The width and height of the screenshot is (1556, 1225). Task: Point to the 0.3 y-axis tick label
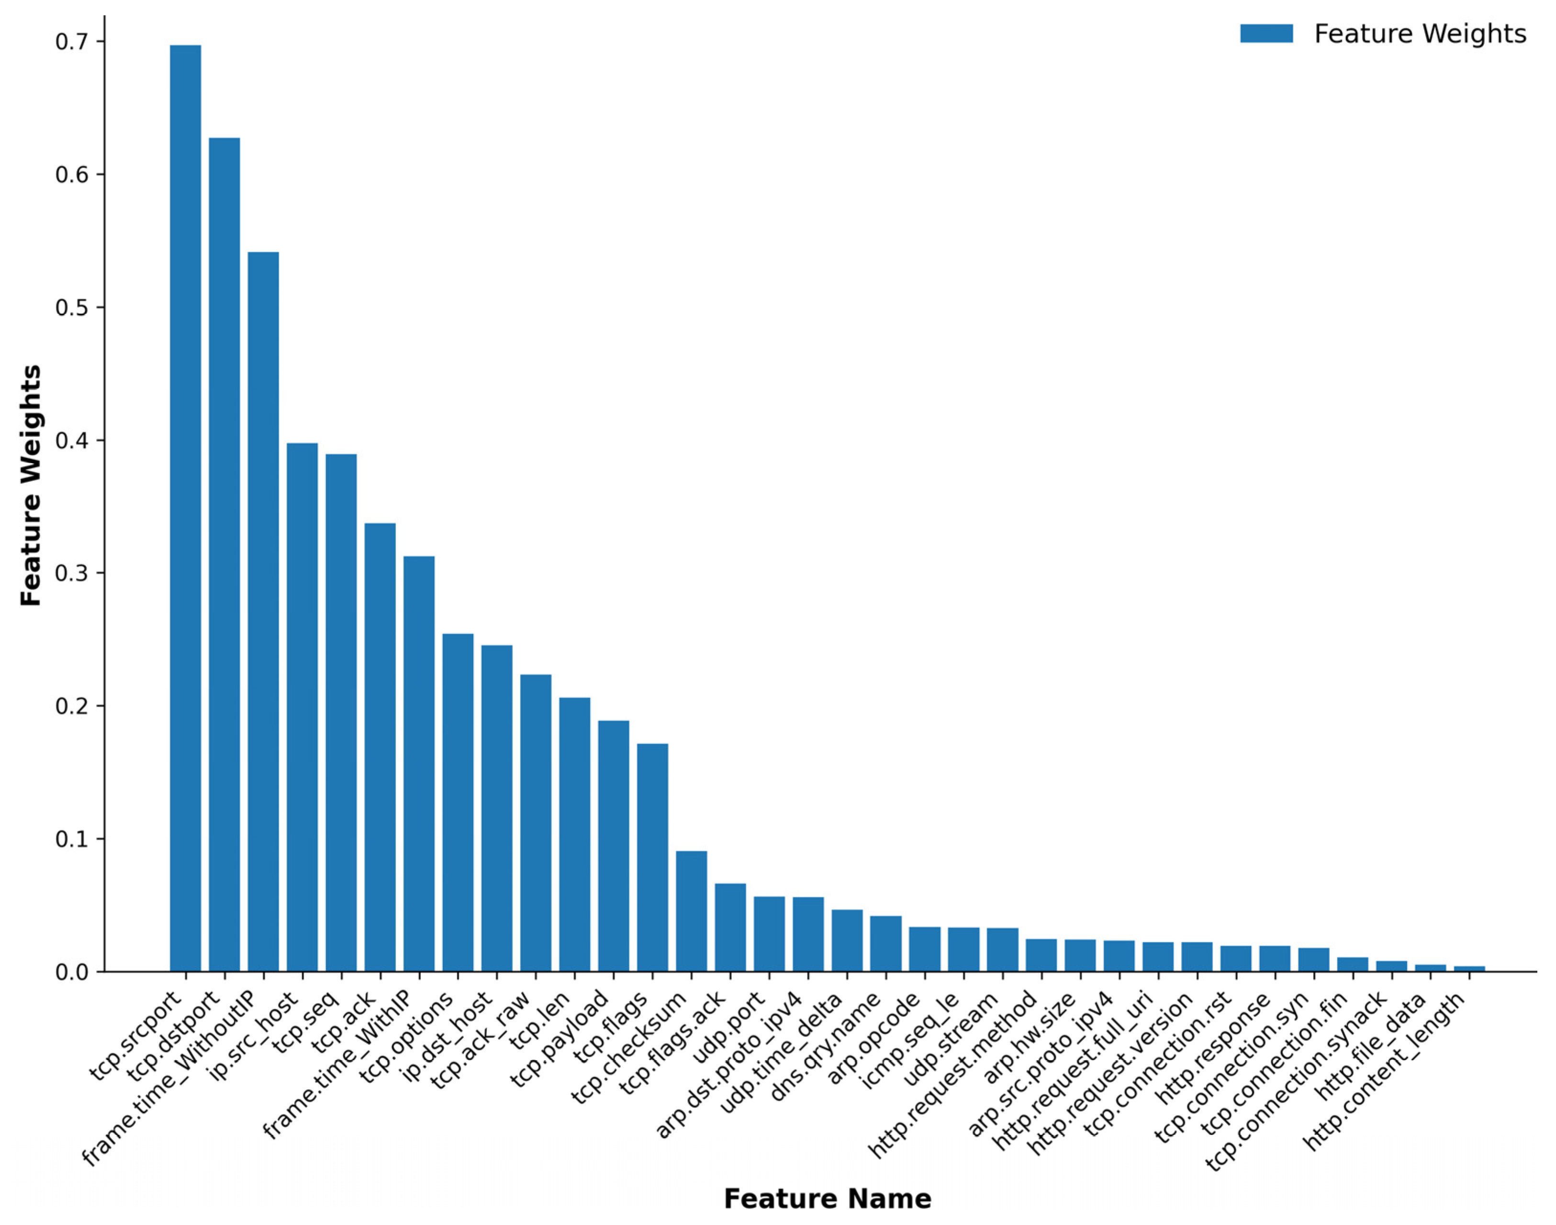tap(72, 574)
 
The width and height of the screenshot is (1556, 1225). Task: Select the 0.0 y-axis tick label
tap(72, 972)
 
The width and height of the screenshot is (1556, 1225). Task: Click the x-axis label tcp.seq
tap(305, 1022)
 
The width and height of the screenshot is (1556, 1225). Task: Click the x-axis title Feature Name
tap(827, 1199)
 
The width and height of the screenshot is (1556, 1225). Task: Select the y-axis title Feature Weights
tap(30, 486)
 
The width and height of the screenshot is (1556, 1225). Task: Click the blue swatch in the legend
tap(1266, 33)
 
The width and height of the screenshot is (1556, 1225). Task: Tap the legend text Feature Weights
tap(1420, 33)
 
